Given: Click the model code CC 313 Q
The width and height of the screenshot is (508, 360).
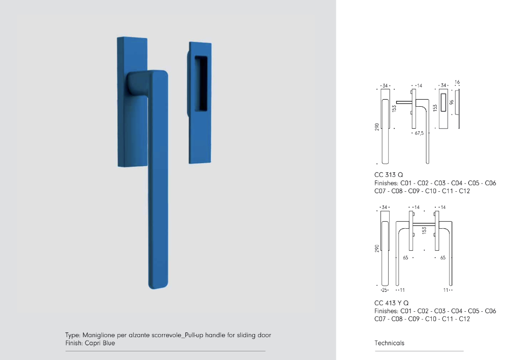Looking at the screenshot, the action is [x=389, y=175].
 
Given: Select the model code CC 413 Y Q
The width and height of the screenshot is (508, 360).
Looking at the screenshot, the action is [x=391, y=303].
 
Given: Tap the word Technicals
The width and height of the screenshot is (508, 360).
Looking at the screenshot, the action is [x=390, y=343].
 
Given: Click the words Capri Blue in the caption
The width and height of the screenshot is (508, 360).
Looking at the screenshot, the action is [x=100, y=343].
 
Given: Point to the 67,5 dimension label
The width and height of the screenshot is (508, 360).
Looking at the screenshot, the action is [x=419, y=133].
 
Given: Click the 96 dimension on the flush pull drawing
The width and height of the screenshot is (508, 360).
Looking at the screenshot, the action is [x=451, y=102].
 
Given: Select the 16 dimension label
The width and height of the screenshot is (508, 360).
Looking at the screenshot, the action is [x=457, y=82].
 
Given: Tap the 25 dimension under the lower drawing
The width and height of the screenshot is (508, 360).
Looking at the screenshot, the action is [x=384, y=290].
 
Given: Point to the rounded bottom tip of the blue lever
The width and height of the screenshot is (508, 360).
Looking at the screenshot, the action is [x=158, y=287].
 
